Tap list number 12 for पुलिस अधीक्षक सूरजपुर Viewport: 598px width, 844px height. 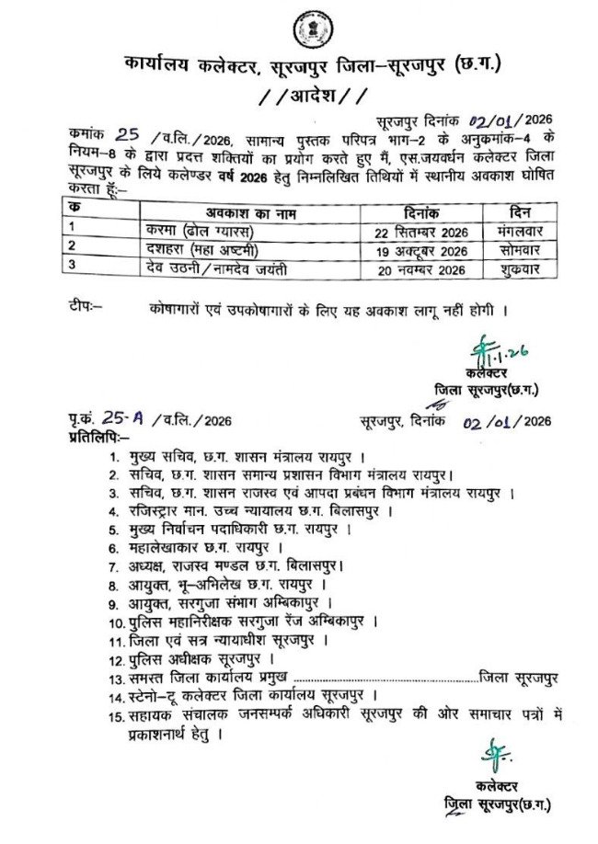[116, 659]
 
